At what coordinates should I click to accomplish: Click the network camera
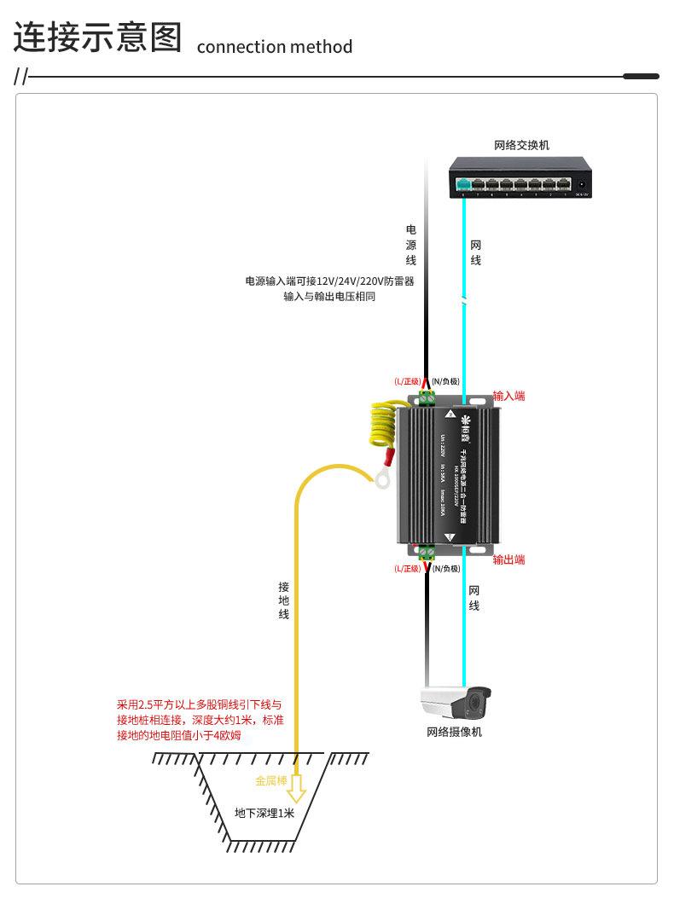coord(456,704)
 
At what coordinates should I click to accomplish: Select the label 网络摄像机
coord(455,732)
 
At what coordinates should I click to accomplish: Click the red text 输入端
coord(508,396)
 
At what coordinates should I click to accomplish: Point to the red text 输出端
coord(508,559)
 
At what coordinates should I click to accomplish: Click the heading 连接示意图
coord(98,38)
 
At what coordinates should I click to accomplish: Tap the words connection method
coord(274,47)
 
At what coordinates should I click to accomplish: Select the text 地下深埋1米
coord(264,813)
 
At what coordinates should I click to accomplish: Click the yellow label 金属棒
coord(270,780)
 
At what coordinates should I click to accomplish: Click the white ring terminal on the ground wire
coord(382,479)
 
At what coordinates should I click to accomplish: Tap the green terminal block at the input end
coord(427,397)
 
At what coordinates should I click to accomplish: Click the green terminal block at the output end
coord(427,552)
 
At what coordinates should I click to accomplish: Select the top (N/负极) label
coord(445,381)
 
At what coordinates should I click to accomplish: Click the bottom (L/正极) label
coord(408,568)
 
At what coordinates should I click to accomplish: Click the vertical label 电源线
coord(410,245)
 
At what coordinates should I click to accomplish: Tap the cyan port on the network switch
coord(464,184)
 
